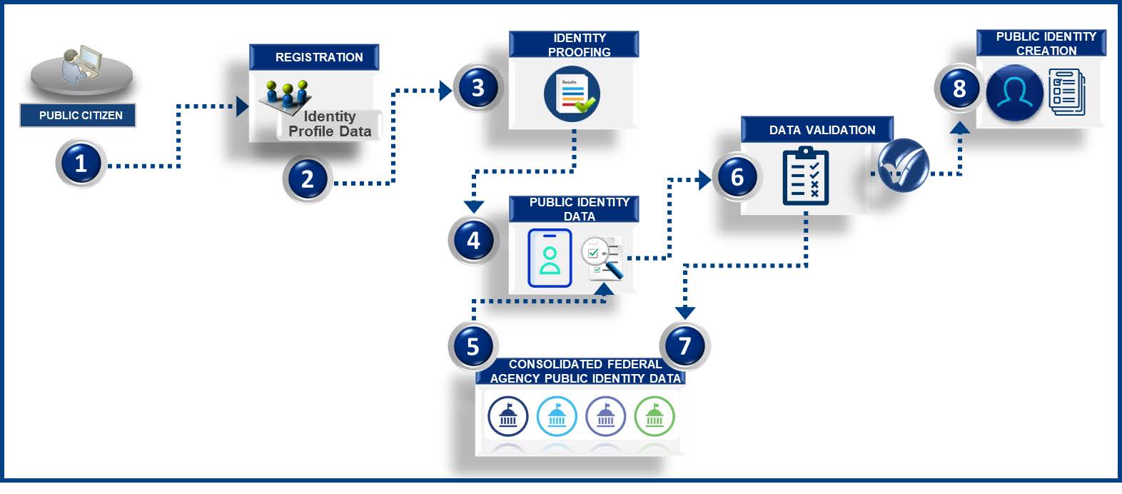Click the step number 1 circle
click(81, 163)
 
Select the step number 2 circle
click(308, 178)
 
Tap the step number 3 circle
click(478, 88)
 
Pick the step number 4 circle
click(472, 241)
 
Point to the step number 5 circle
click(472, 346)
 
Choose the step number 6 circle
click(737, 177)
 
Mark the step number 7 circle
click(684, 346)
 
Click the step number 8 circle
click(959, 89)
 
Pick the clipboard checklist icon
click(806, 176)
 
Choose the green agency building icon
click(654, 416)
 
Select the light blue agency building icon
click(557, 416)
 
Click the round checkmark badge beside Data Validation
click(903, 166)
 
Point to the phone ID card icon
click(550, 258)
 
